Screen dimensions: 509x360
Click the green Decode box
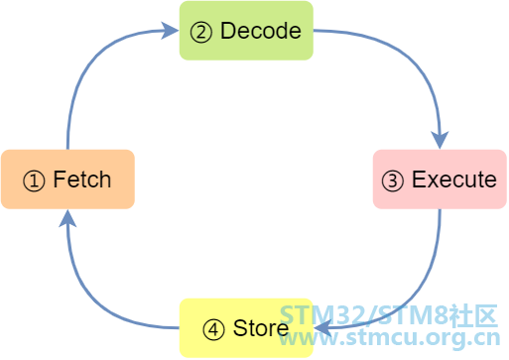[246, 31]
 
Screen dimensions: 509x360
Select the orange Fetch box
[67, 180]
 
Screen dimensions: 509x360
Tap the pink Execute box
[440, 180]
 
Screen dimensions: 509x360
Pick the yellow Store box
[246, 328]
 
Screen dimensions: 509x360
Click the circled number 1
[34, 180]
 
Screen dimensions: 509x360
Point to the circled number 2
[200, 32]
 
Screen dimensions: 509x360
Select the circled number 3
[393, 180]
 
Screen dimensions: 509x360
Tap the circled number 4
[213, 329]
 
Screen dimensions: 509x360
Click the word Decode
[261, 31]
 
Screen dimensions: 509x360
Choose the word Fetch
[82, 180]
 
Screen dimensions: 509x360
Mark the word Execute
[454, 180]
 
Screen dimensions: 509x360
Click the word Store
[261, 328]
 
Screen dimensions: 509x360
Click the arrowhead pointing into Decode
[170, 31]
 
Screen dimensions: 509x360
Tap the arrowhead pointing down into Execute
[440, 140]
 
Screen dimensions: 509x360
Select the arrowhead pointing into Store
[322, 328]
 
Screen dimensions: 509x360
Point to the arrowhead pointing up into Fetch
[67, 218]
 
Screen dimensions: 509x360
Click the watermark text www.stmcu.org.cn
[390, 338]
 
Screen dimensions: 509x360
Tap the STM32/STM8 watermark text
[389, 314]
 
